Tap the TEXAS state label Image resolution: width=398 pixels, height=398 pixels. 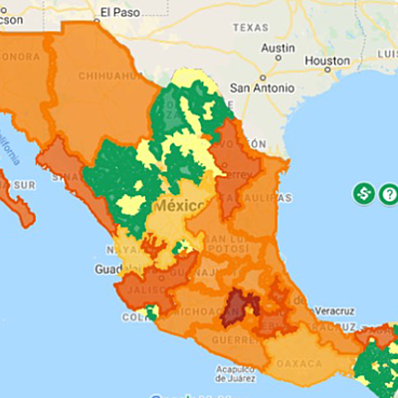252,28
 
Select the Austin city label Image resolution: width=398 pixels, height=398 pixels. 277,47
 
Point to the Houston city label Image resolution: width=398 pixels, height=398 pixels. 328,60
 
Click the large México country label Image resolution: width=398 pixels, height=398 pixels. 181,205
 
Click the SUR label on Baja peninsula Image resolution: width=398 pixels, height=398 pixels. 21,185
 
